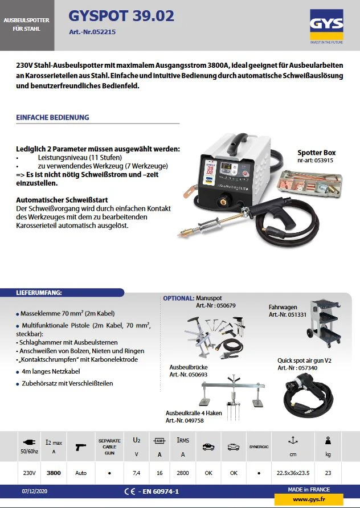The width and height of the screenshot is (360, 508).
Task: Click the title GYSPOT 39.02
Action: pyautogui.click(x=121, y=17)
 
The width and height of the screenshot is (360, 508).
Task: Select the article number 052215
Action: pyautogui.click(x=92, y=32)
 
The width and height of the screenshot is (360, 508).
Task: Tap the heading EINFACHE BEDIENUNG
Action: pyautogui.click(x=53, y=117)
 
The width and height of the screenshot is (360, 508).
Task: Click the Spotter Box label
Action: pyautogui.click(x=316, y=153)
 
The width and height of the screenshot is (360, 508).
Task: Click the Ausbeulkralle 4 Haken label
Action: pyautogui.click(x=193, y=412)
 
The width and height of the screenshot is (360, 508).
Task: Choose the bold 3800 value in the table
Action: pyautogui.click(x=54, y=472)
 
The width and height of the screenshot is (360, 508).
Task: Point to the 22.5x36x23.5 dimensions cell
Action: pyautogui.click(x=294, y=472)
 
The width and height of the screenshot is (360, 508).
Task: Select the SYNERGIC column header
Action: pyautogui.click(x=259, y=446)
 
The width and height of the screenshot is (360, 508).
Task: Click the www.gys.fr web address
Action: pyautogui.click(x=309, y=499)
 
